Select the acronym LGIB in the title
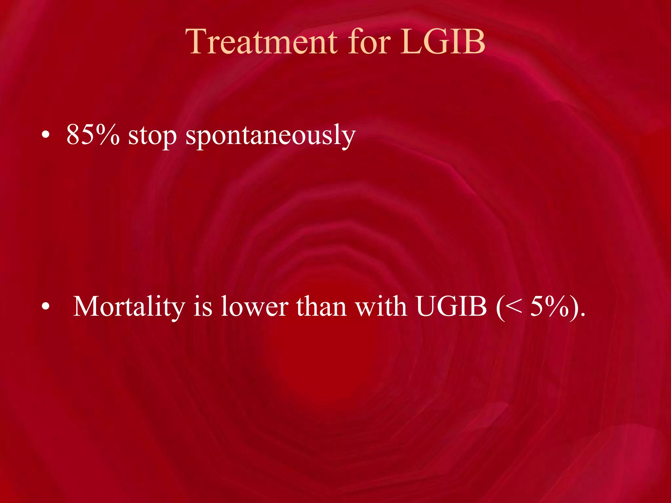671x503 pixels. pyautogui.click(x=443, y=42)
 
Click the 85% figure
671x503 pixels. pyautogui.click(x=93, y=135)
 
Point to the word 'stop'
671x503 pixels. pyautogui.click(x=152, y=136)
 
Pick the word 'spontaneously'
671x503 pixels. pyautogui.click(x=271, y=136)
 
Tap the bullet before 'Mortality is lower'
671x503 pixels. pyautogui.click(x=46, y=307)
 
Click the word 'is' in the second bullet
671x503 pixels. pyautogui.click(x=203, y=307)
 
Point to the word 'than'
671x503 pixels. pyautogui.click(x=321, y=307)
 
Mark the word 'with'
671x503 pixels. pyautogui.click(x=381, y=307)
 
